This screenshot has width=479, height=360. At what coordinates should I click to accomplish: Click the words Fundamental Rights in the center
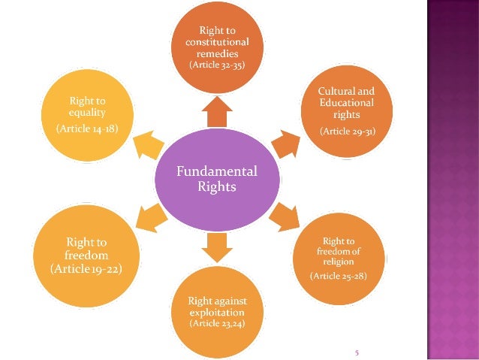216,179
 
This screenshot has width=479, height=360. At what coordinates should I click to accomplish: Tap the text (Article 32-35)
216,65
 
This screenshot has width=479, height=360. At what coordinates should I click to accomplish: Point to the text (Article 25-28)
339,277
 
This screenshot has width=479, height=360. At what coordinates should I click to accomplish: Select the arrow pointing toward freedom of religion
283,218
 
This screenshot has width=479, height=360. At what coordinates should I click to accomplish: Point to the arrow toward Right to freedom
151,218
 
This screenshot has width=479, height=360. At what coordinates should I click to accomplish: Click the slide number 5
357,351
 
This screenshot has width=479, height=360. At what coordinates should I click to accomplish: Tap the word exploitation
216,312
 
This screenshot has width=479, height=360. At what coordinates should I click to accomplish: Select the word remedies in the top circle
216,53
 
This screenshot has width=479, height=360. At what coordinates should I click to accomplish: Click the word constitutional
216,43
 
